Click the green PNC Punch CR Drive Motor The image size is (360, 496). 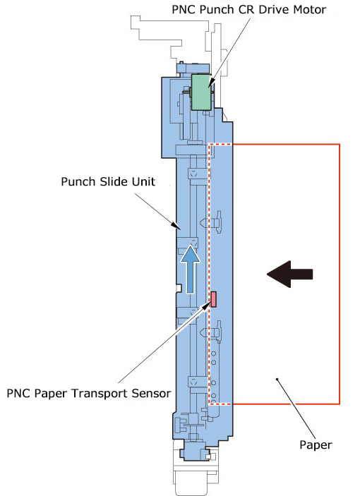coord(201,92)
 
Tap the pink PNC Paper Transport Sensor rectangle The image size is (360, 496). coord(214,299)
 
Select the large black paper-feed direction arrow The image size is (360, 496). coord(290,274)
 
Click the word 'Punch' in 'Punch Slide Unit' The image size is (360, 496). coord(78,181)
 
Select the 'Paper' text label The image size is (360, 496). coord(316,445)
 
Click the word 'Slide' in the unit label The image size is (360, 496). coord(112,181)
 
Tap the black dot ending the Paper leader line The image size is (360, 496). coord(277,379)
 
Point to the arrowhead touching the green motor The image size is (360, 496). coord(211,83)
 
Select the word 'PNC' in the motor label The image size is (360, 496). coord(184,9)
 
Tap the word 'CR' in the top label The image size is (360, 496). coord(248,9)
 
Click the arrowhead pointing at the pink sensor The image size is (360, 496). coord(207,306)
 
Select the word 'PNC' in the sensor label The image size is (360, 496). coord(18,393)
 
